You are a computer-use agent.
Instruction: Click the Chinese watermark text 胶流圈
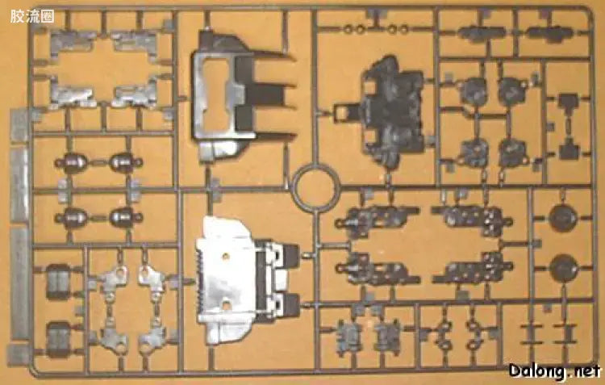pyautogui.click(x=32, y=17)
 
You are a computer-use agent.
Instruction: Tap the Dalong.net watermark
pyautogui.click(x=555, y=371)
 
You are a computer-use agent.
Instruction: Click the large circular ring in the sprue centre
pyautogui.click(x=315, y=188)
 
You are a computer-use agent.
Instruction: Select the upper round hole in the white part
pyautogui.click(x=224, y=256)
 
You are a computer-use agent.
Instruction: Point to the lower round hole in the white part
pyautogui.click(x=227, y=305)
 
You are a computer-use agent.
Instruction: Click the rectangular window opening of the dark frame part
pyautogui.click(x=215, y=94)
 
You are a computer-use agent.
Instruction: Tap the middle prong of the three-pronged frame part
pyautogui.click(x=266, y=94)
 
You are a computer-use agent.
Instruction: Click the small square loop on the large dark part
pyautogui.click(x=342, y=112)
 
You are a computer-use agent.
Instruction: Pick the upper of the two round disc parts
pyautogui.click(x=563, y=218)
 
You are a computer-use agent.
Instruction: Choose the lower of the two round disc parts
pyautogui.click(x=564, y=268)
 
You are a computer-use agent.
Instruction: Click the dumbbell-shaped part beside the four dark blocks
pyautogui.click(x=569, y=126)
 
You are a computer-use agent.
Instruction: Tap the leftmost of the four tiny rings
pyautogui.click(x=348, y=28)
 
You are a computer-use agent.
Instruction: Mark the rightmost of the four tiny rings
pyautogui.click(x=404, y=29)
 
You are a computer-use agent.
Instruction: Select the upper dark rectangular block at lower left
pyautogui.click(x=58, y=282)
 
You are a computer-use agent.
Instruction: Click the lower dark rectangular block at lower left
pyautogui.click(x=59, y=340)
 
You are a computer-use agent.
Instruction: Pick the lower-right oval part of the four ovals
pyautogui.click(x=124, y=217)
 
